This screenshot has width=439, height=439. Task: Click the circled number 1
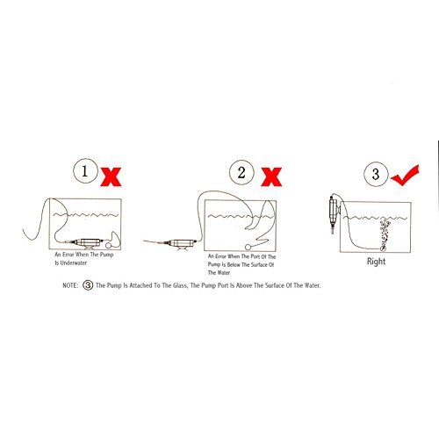point(85,171)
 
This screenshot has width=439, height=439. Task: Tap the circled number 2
point(241,172)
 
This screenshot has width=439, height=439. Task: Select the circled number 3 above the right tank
point(376,174)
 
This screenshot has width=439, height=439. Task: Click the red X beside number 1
point(111,176)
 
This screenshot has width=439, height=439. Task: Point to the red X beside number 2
point(271,176)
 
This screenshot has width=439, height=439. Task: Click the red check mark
point(406,176)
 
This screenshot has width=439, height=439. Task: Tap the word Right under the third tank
point(376,261)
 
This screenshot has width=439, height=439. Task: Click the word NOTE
point(70,285)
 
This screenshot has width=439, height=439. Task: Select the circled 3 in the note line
point(88,285)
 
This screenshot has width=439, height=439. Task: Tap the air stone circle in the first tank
point(109,245)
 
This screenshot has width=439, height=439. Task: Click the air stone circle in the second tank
point(248,247)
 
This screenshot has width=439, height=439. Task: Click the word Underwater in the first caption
point(74,263)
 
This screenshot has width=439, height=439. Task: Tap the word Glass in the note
point(180,285)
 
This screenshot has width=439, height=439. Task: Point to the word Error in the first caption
point(68,255)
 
